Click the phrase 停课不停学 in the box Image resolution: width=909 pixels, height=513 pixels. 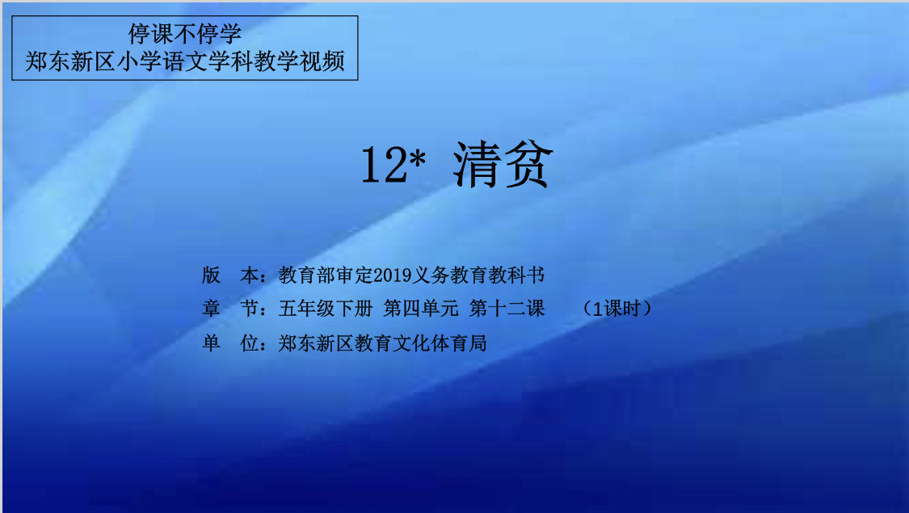pos(185,34)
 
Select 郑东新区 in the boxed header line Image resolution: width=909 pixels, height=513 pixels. pos(70,61)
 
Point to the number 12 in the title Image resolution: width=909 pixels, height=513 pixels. pos(384,165)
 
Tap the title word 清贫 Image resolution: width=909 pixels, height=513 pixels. pos(503,165)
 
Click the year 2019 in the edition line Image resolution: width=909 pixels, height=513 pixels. pos(393,275)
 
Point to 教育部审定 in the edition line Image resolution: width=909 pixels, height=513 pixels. pos(326,275)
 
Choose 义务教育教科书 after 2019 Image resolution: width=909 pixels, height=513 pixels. pos(478,275)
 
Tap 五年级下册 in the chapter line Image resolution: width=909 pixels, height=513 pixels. pos(326,309)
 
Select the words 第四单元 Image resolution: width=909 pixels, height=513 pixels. pos(421,309)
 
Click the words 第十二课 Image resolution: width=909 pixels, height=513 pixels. pos(507,309)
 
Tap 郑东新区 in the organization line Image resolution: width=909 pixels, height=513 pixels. pos(316,343)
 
